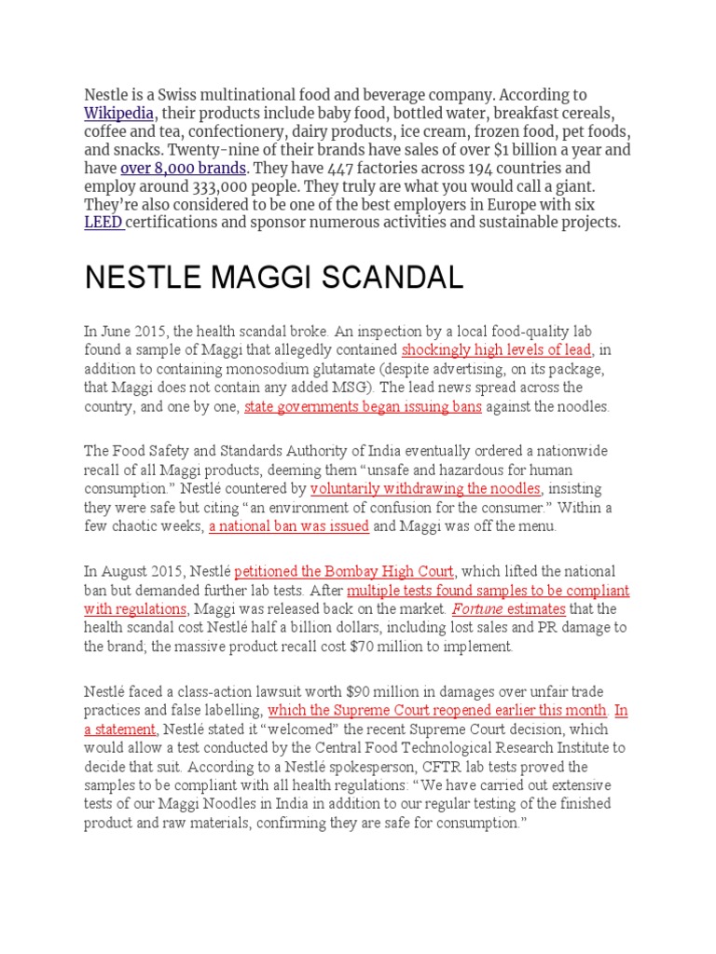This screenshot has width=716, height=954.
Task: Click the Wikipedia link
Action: coord(118,113)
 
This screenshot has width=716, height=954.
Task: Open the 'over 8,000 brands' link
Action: coord(184,168)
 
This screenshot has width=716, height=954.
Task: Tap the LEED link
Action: coord(103,222)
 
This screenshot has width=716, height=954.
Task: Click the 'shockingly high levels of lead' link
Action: coord(496,350)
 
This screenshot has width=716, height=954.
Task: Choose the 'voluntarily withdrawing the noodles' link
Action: coord(425,488)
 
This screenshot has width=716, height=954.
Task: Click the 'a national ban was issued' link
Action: coord(289,525)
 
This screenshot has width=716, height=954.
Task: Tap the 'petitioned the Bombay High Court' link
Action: coord(344,571)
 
